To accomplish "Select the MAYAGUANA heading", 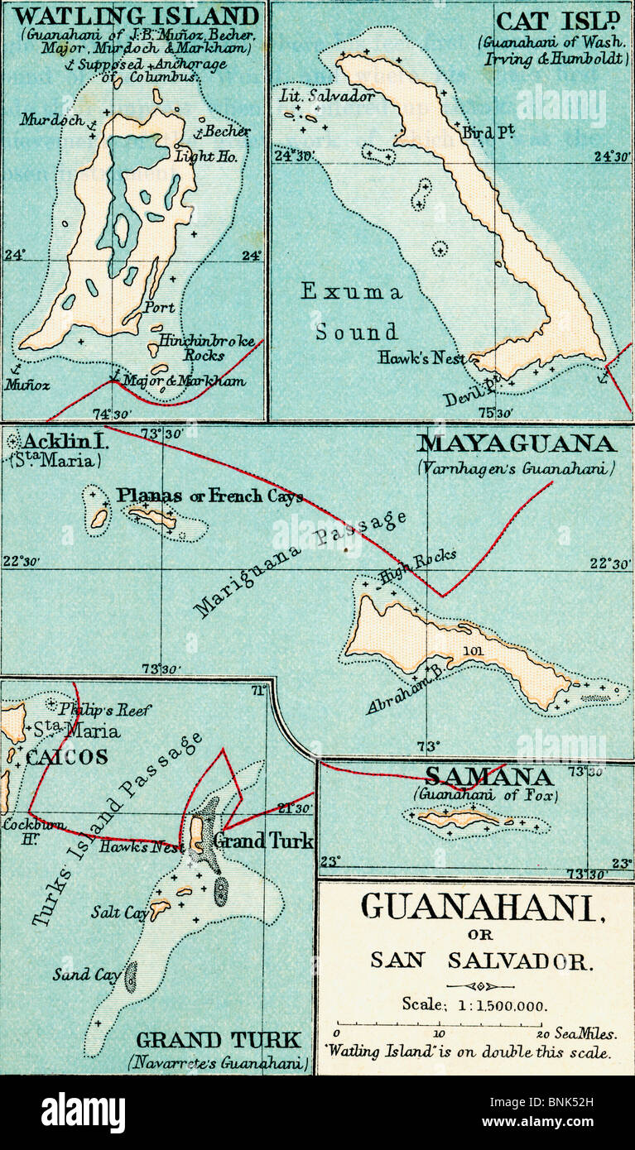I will pyautogui.click(x=516, y=444).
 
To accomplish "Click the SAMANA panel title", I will pyautogui.click(x=488, y=777).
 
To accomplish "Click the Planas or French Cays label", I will pyautogui.click(x=209, y=496).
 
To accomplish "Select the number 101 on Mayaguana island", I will pyautogui.click(x=473, y=650).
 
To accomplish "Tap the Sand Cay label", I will pyautogui.click(x=86, y=975).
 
